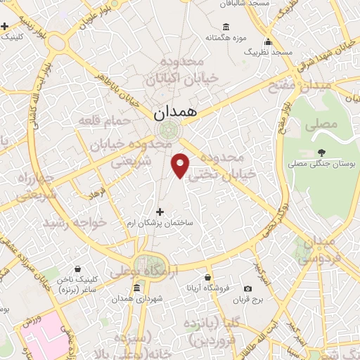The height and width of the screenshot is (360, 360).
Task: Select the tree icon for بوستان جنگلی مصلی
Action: (322, 153)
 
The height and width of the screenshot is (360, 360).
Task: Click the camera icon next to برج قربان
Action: (247, 288)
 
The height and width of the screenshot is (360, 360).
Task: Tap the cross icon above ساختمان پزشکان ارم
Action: (160, 212)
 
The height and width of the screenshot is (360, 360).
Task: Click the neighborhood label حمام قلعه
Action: (105, 122)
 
